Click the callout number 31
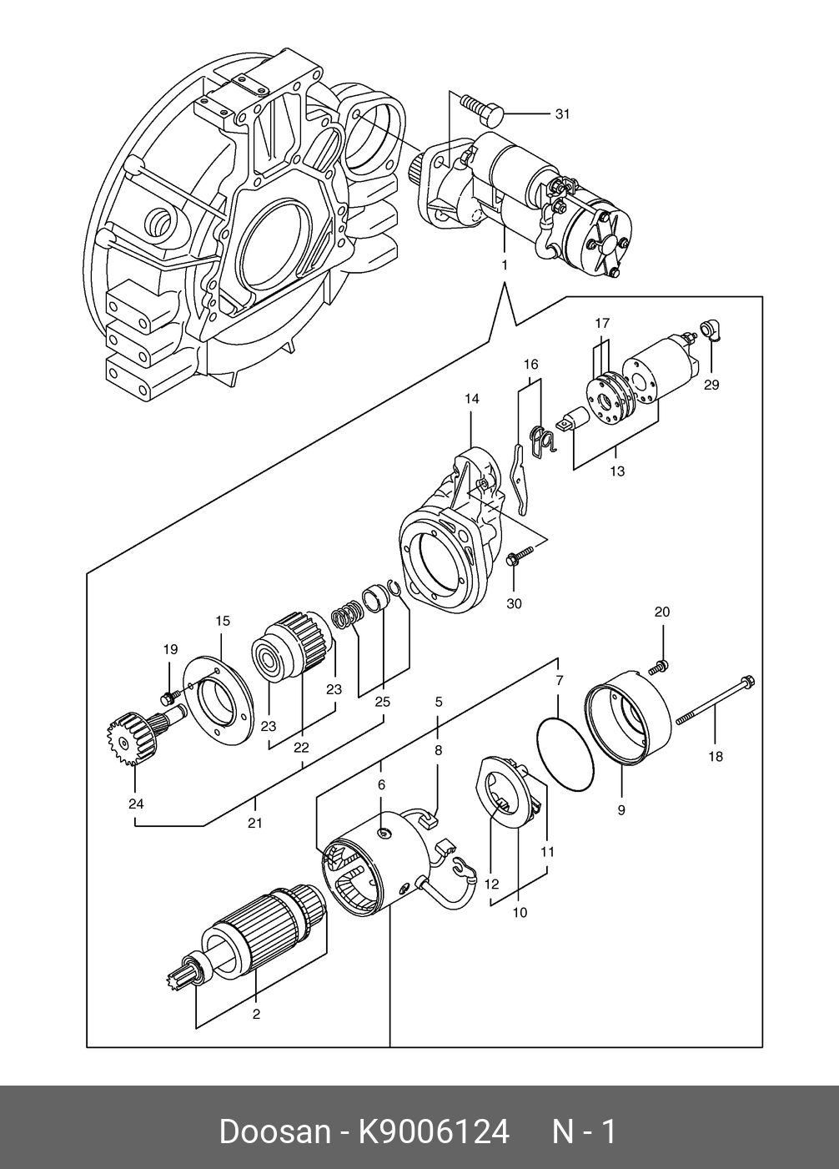tap(562, 113)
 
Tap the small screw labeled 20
tap(659, 667)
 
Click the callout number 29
tap(711, 385)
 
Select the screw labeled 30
tap(520, 555)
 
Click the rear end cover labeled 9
tap(628, 718)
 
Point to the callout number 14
tap(472, 399)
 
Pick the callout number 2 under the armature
tap(256, 1014)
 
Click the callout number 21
tap(254, 823)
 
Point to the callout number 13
tap(616, 471)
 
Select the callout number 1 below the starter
tap(505, 265)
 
